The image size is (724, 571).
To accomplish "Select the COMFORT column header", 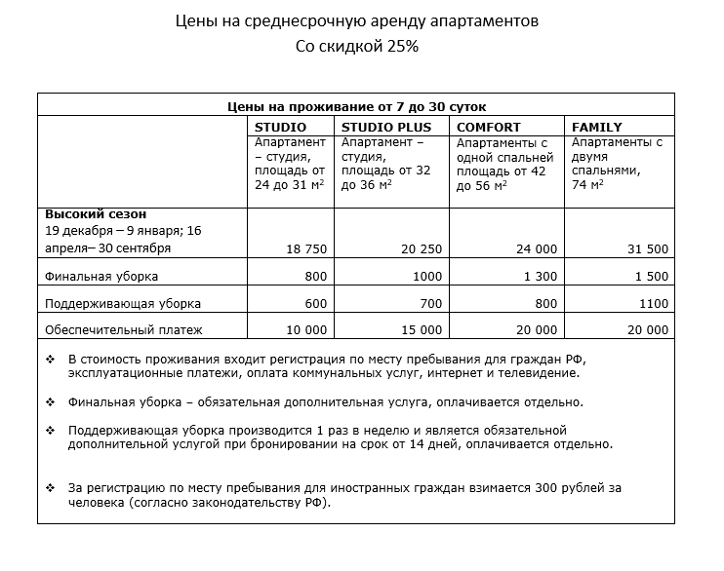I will coord(489,127).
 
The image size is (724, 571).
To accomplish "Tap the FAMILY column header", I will coord(597,127).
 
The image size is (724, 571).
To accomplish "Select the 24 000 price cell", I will coord(537,249).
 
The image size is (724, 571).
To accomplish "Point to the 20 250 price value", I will coord(422,249).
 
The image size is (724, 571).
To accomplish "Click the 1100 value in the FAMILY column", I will coord(655,303).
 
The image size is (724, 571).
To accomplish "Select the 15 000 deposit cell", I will coord(422,329).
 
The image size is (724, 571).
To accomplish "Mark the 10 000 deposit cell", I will coord(307,329).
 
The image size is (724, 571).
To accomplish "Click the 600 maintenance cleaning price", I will coord(316,303).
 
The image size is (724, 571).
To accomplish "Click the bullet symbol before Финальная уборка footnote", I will coord(51,401).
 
